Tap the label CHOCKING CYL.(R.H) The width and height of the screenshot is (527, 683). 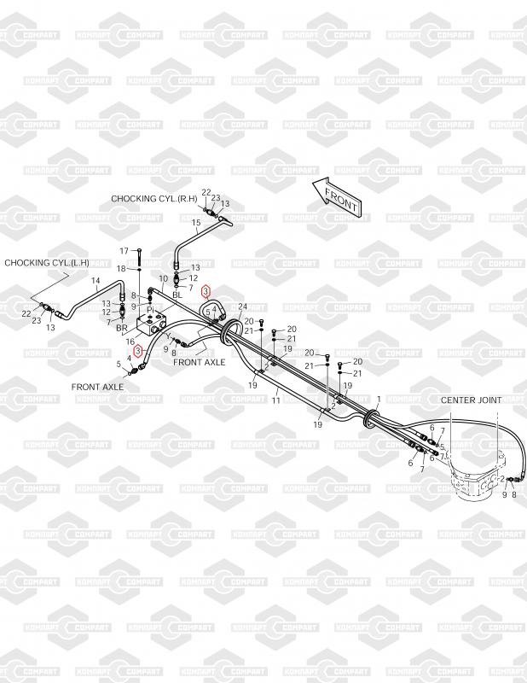(154, 198)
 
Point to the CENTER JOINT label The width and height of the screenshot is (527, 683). (471, 400)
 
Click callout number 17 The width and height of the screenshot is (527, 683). (125, 251)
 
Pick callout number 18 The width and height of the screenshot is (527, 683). (121, 269)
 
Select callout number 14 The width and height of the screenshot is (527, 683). (96, 281)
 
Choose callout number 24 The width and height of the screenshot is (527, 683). (242, 307)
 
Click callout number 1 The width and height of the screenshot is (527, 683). (379, 399)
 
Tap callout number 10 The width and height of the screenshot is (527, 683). (165, 279)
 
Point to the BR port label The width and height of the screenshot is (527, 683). (121, 328)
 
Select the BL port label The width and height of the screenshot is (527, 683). (177, 295)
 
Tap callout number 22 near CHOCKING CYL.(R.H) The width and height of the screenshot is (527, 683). (206, 192)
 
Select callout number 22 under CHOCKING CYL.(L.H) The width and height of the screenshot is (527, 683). (26, 314)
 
